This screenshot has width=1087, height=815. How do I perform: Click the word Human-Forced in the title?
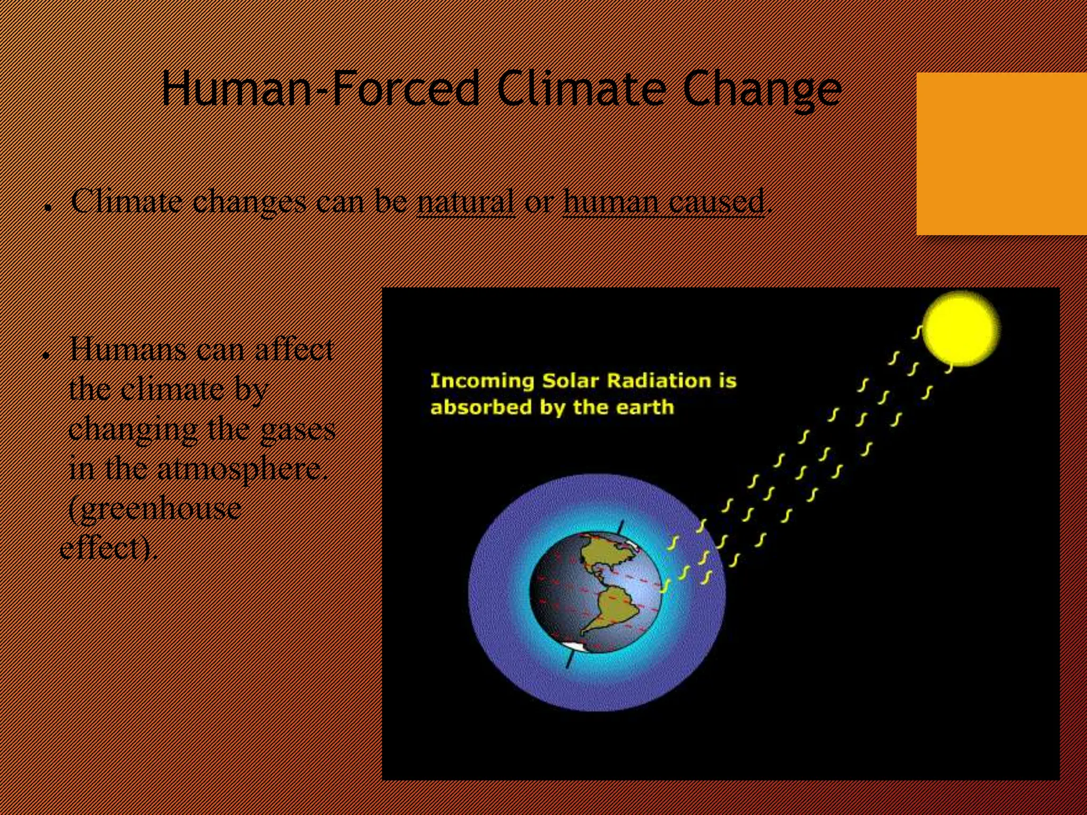click(x=321, y=89)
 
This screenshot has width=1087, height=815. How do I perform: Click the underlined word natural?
click(x=465, y=202)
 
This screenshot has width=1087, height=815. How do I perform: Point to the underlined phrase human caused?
click(x=663, y=202)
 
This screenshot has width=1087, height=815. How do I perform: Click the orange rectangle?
click(x=1001, y=154)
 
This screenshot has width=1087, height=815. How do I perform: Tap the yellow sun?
click(x=961, y=329)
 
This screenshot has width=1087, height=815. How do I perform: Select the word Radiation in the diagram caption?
click(x=658, y=380)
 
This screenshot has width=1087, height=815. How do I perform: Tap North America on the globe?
click(x=605, y=552)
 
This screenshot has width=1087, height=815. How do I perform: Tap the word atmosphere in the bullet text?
click(x=239, y=469)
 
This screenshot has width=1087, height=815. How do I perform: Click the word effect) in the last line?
click(x=109, y=548)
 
